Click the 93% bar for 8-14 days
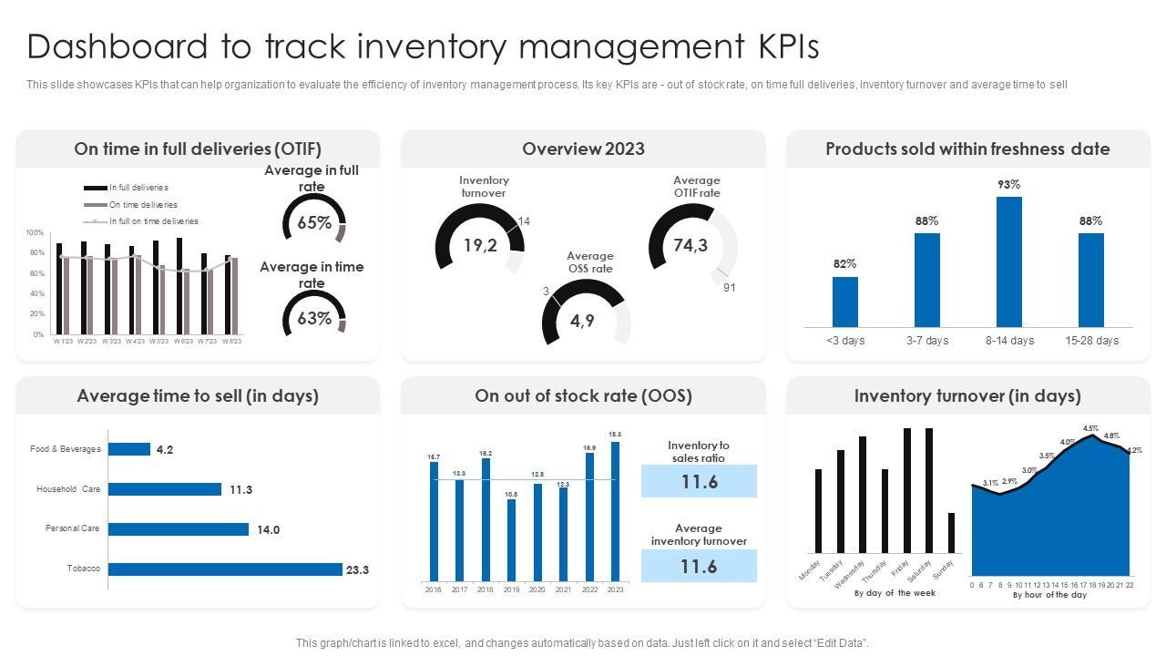pos(1008,261)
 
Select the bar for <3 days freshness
pos(844,302)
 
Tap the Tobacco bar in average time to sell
pos(225,569)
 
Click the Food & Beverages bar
pos(129,449)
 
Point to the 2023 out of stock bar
pos(616,511)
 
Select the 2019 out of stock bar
pos(511,540)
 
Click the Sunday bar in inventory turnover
pos(951,533)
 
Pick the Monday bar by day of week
pos(818,511)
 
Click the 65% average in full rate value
pos(314,223)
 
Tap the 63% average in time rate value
pos(314,319)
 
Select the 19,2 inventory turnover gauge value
pos(480,245)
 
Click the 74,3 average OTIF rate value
pos(690,245)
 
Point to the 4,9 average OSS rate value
pos(582,321)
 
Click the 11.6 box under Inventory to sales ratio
pos(699,481)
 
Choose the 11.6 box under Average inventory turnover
pos(699,567)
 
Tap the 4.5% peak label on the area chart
pos(1090,428)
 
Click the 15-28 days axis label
pos(1091,341)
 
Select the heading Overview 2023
pos(583,149)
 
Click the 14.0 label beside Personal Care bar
pos(268,530)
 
